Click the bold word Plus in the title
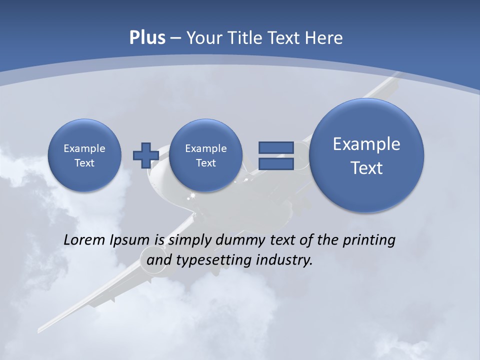[147, 38]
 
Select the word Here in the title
[325, 38]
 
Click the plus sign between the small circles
[145, 155]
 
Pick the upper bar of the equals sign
[276, 147]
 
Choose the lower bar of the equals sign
[276, 163]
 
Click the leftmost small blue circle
[84, 155]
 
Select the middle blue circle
[205, 155]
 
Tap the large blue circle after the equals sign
[366, 155]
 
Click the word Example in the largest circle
[366, 144]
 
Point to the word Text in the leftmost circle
[84, 163]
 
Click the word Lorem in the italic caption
[84, 240]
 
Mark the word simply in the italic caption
[190, 240]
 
